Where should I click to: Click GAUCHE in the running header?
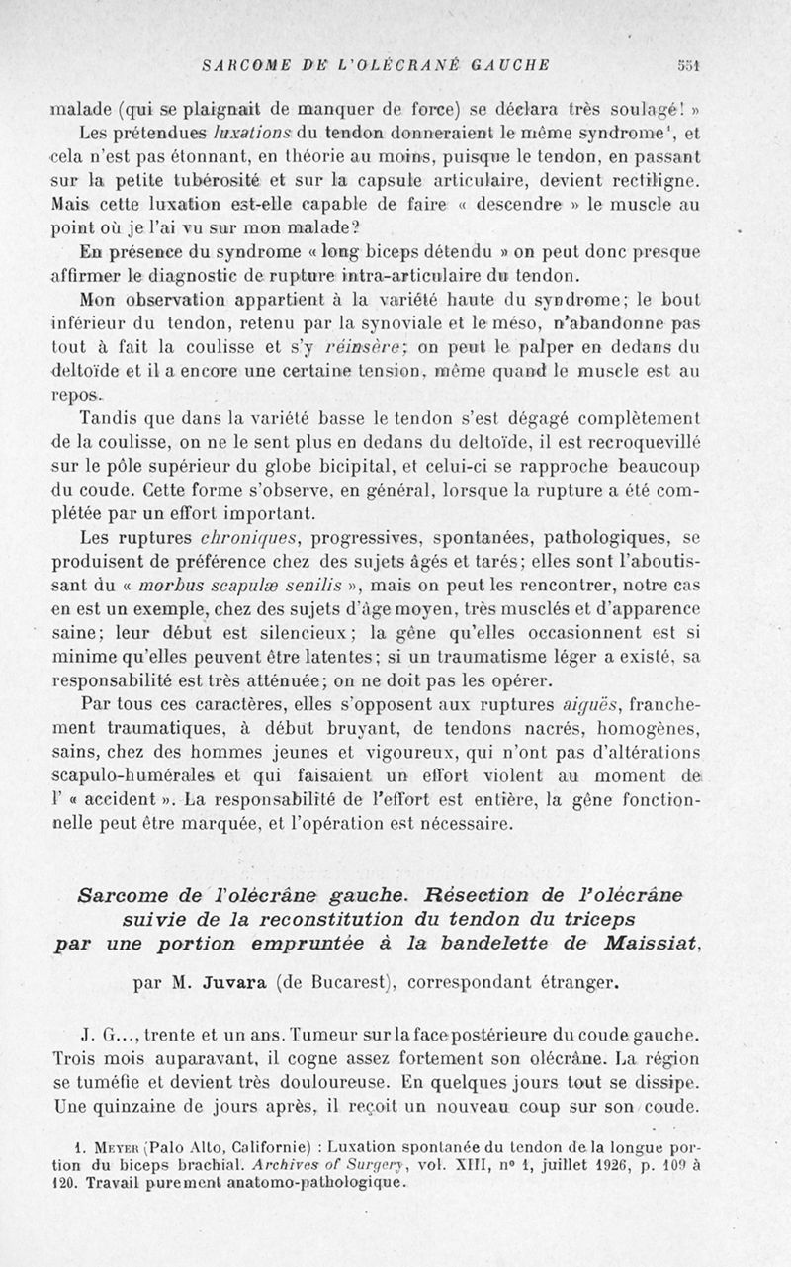click(501, 66)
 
